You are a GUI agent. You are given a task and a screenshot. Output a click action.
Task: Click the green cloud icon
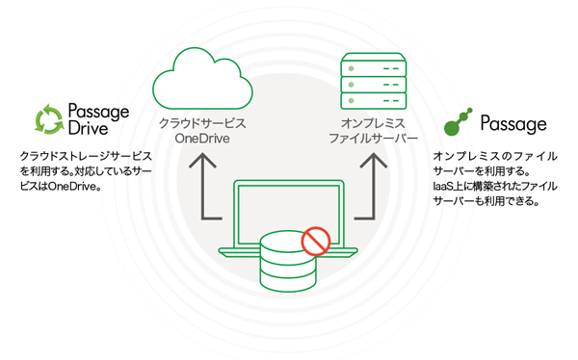pyautogui.click(x=202, y=78)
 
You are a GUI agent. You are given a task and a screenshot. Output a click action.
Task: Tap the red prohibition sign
pyautogui.click(x=316, y=242)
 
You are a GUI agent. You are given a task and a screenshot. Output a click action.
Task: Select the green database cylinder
pyautogui.click(x=288, y=261)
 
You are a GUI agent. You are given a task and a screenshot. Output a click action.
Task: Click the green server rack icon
pyautogui.click(x=374, y=81)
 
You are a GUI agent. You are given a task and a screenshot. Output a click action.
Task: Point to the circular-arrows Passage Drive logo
pyautogui.click(x=49, y=119)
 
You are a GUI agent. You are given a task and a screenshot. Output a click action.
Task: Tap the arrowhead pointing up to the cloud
pyautogui.click(x=202, y=161)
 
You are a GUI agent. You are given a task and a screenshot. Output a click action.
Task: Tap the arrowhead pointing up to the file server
pyautogui.click(x=374, y=161)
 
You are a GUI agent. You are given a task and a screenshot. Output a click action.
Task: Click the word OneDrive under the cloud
pyautogui.click(x=202, y=139)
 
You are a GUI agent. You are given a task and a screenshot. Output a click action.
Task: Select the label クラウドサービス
pyautogui.click(x=202, y=123)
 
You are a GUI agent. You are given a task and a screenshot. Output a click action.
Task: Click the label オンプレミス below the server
pyautogui.click(x=373, y=123)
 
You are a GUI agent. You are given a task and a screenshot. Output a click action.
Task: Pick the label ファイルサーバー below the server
pyautogui.click(x=373, y=139)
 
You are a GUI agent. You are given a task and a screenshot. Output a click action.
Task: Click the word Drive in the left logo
pyautogui.click(x=88, y=128)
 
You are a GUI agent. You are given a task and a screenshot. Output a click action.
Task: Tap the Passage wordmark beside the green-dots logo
pyautogui.click(x=513, y=124)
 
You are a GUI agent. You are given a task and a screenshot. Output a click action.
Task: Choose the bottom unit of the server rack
pyautogui.click(x=374, y=101)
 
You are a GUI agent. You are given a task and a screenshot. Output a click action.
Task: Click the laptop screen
pyautogui.click(x=289, y=214)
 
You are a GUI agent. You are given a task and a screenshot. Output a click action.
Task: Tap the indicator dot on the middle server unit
pyautogui.click(x=351, y=85)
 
